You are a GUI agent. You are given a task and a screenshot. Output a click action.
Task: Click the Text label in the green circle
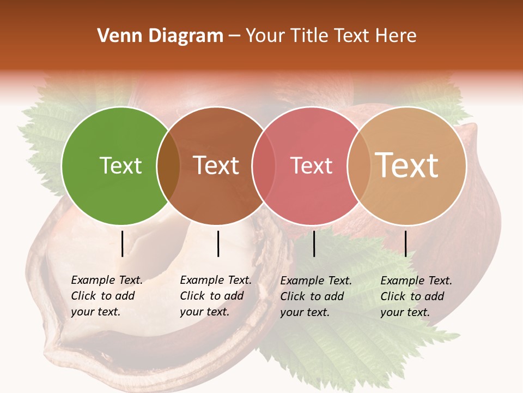click(120, 165)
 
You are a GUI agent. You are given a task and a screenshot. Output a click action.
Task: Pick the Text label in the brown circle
click(216, 165)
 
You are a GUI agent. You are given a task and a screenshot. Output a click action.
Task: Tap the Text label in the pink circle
click(312, 165)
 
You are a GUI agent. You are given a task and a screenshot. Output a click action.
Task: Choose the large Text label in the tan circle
click(407, 165)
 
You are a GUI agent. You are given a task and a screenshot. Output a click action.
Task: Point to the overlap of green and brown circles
click(168, 165)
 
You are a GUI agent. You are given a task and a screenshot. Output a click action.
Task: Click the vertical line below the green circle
click(122, 243)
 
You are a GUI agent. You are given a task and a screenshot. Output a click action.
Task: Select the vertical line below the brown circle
click(218, 243)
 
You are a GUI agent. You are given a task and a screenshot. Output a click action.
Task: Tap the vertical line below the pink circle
click(314, 243)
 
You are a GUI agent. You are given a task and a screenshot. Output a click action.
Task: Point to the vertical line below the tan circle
click(405, 243)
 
